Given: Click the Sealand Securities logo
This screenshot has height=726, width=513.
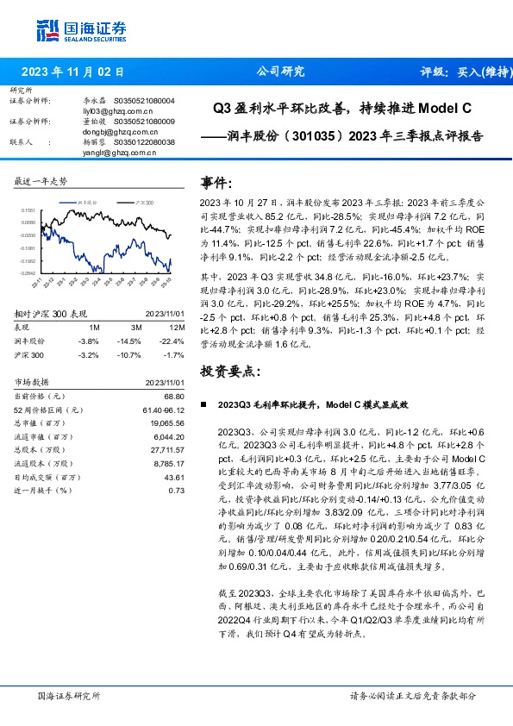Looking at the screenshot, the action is [71, 30].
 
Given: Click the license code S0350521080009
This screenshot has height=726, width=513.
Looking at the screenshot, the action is [144, 122].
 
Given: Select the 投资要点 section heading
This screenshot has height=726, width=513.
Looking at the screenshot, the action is [229, 371].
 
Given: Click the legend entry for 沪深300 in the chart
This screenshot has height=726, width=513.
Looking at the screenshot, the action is [143, 201].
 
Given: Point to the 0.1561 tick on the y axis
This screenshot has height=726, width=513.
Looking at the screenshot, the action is [28, 210].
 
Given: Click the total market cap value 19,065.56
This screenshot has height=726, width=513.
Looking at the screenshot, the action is [169, 424].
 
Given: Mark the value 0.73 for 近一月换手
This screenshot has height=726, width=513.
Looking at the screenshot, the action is [178, 490].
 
